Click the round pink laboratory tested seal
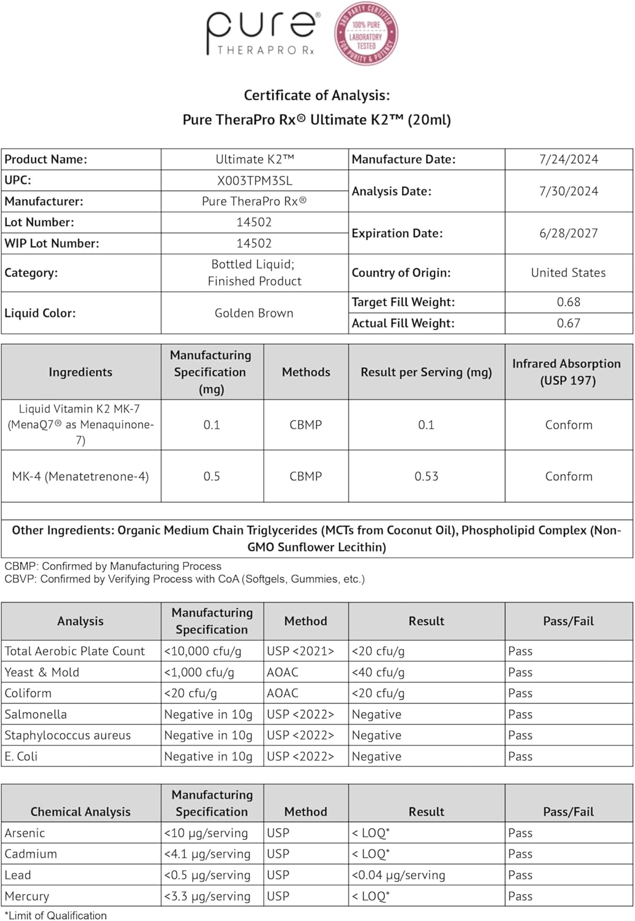(x=366, y=34)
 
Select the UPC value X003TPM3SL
(x=255, y=181)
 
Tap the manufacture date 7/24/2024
(x=569, y=160)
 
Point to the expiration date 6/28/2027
(x=569, y=233)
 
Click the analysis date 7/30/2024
(x=569, y=191)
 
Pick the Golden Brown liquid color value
(x=254, y=313)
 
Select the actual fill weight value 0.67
(x=569, y=323)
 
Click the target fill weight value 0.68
(x=569, y=302)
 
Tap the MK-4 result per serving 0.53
(x=426, y=476)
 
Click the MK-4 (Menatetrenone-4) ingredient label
(x=80, y=476)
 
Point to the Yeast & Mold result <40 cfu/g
(x=378, y=672)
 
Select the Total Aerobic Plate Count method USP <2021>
(x=301, y=651)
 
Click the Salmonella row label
(x=36, y=715)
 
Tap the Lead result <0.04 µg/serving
(x=398, y=875)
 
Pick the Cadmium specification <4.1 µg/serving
(x=207, y=854)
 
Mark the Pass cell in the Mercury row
(x=520, y=896)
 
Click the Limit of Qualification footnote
(x=55, y=915)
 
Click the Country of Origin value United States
(x=568, y=273)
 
